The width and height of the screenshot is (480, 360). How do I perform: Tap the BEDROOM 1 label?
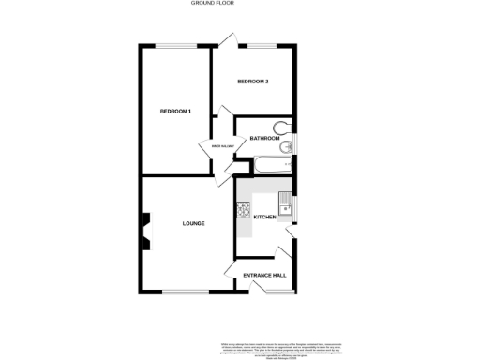175,112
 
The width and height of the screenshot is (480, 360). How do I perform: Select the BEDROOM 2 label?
253,82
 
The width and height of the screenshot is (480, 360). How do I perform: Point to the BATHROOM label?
264,139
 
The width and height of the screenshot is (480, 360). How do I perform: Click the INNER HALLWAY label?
220,146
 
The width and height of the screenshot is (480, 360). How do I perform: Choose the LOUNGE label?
193,223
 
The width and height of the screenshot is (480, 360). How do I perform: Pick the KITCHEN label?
265,217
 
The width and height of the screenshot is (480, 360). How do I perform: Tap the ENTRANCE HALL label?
263,275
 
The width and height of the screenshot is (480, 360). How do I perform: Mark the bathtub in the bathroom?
271,167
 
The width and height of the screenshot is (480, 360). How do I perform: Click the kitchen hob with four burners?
244,209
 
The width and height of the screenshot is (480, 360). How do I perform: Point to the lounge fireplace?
144,232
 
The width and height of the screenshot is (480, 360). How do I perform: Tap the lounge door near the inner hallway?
231,170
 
